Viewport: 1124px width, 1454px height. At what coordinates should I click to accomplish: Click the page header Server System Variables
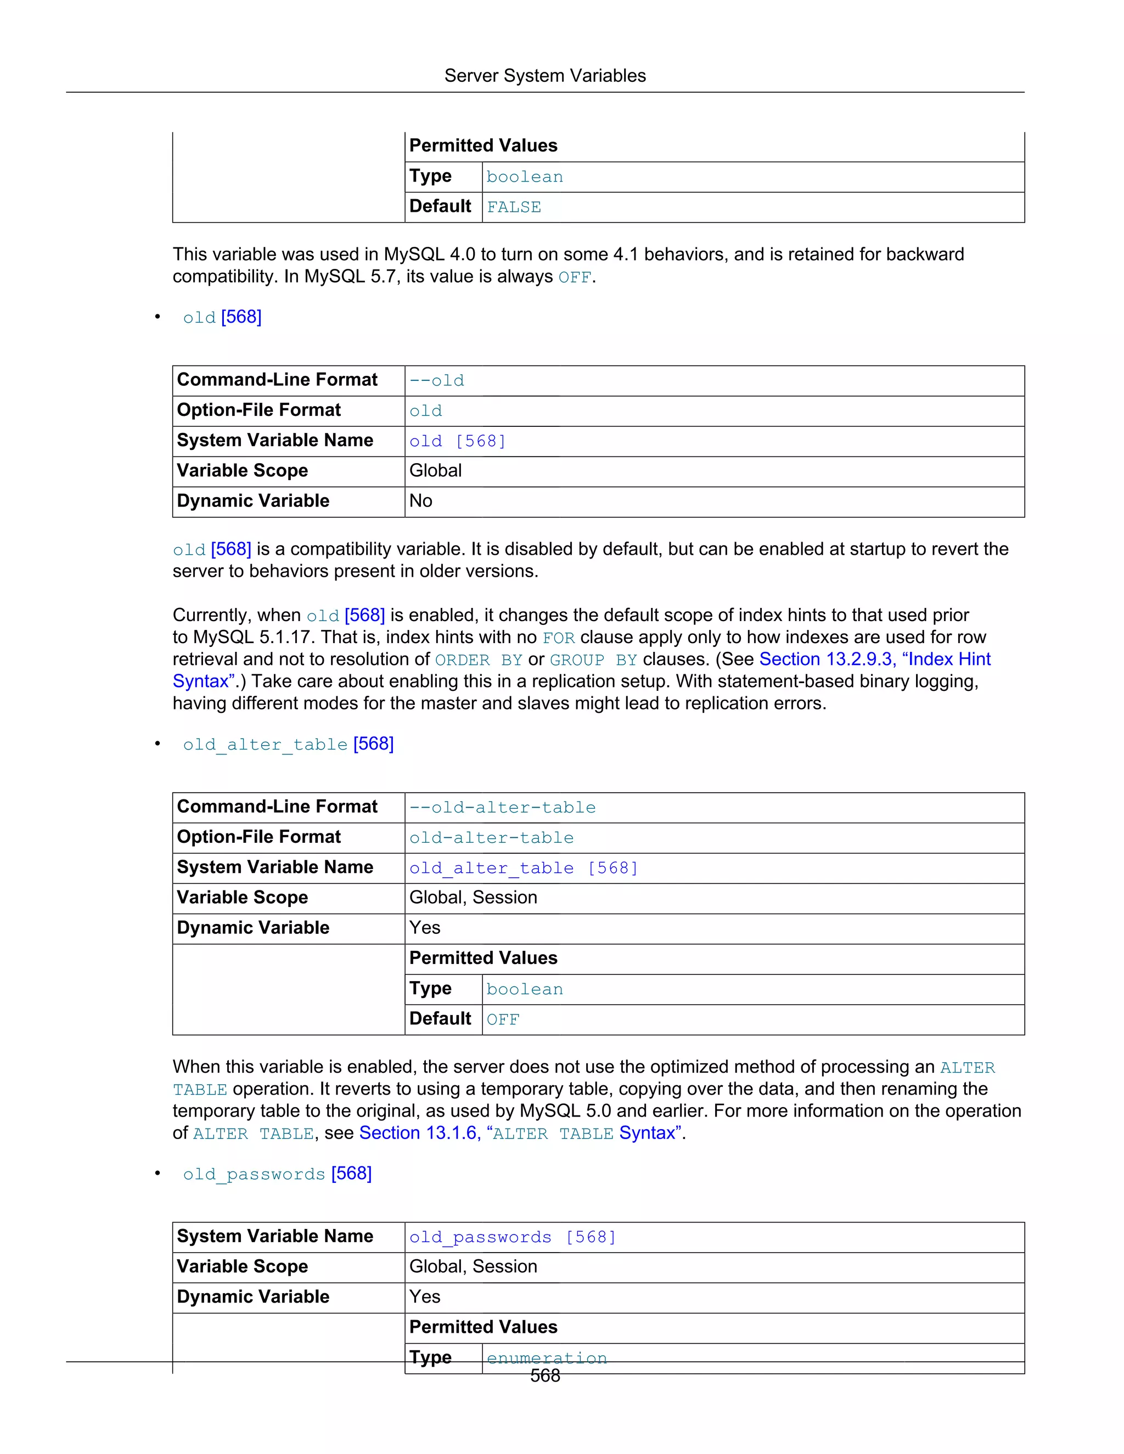coord(544,76)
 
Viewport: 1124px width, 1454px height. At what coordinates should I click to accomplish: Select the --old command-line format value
coord(437,380)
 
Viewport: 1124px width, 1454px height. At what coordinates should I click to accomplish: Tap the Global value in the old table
coord(435,471)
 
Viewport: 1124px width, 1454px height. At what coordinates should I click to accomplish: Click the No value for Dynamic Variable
coord(421,500)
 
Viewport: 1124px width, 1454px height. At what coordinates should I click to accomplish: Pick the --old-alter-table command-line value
coord(502,808)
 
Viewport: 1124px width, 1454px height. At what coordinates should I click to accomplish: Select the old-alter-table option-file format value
coord(491,837)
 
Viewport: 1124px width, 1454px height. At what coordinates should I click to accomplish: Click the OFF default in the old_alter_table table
coord(503,1019)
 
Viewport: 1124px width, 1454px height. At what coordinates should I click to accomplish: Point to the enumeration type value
coord(547,1357)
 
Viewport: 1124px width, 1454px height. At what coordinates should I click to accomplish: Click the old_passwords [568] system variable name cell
coord(513,1237)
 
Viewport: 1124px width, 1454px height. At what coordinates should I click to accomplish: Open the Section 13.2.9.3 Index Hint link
coord(874,659)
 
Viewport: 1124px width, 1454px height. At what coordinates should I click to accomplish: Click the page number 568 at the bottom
coord(544,1376)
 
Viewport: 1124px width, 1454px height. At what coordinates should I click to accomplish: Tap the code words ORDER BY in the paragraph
coord(478,660)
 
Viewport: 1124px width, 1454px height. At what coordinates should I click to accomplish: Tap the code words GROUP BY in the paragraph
coord(593,660)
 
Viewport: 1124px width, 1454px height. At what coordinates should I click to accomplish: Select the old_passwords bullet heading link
coord(277,1174)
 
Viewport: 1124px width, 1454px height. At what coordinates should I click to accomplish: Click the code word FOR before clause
coord(558,638)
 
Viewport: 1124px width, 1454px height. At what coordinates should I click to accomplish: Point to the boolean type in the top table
coord(524,177)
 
